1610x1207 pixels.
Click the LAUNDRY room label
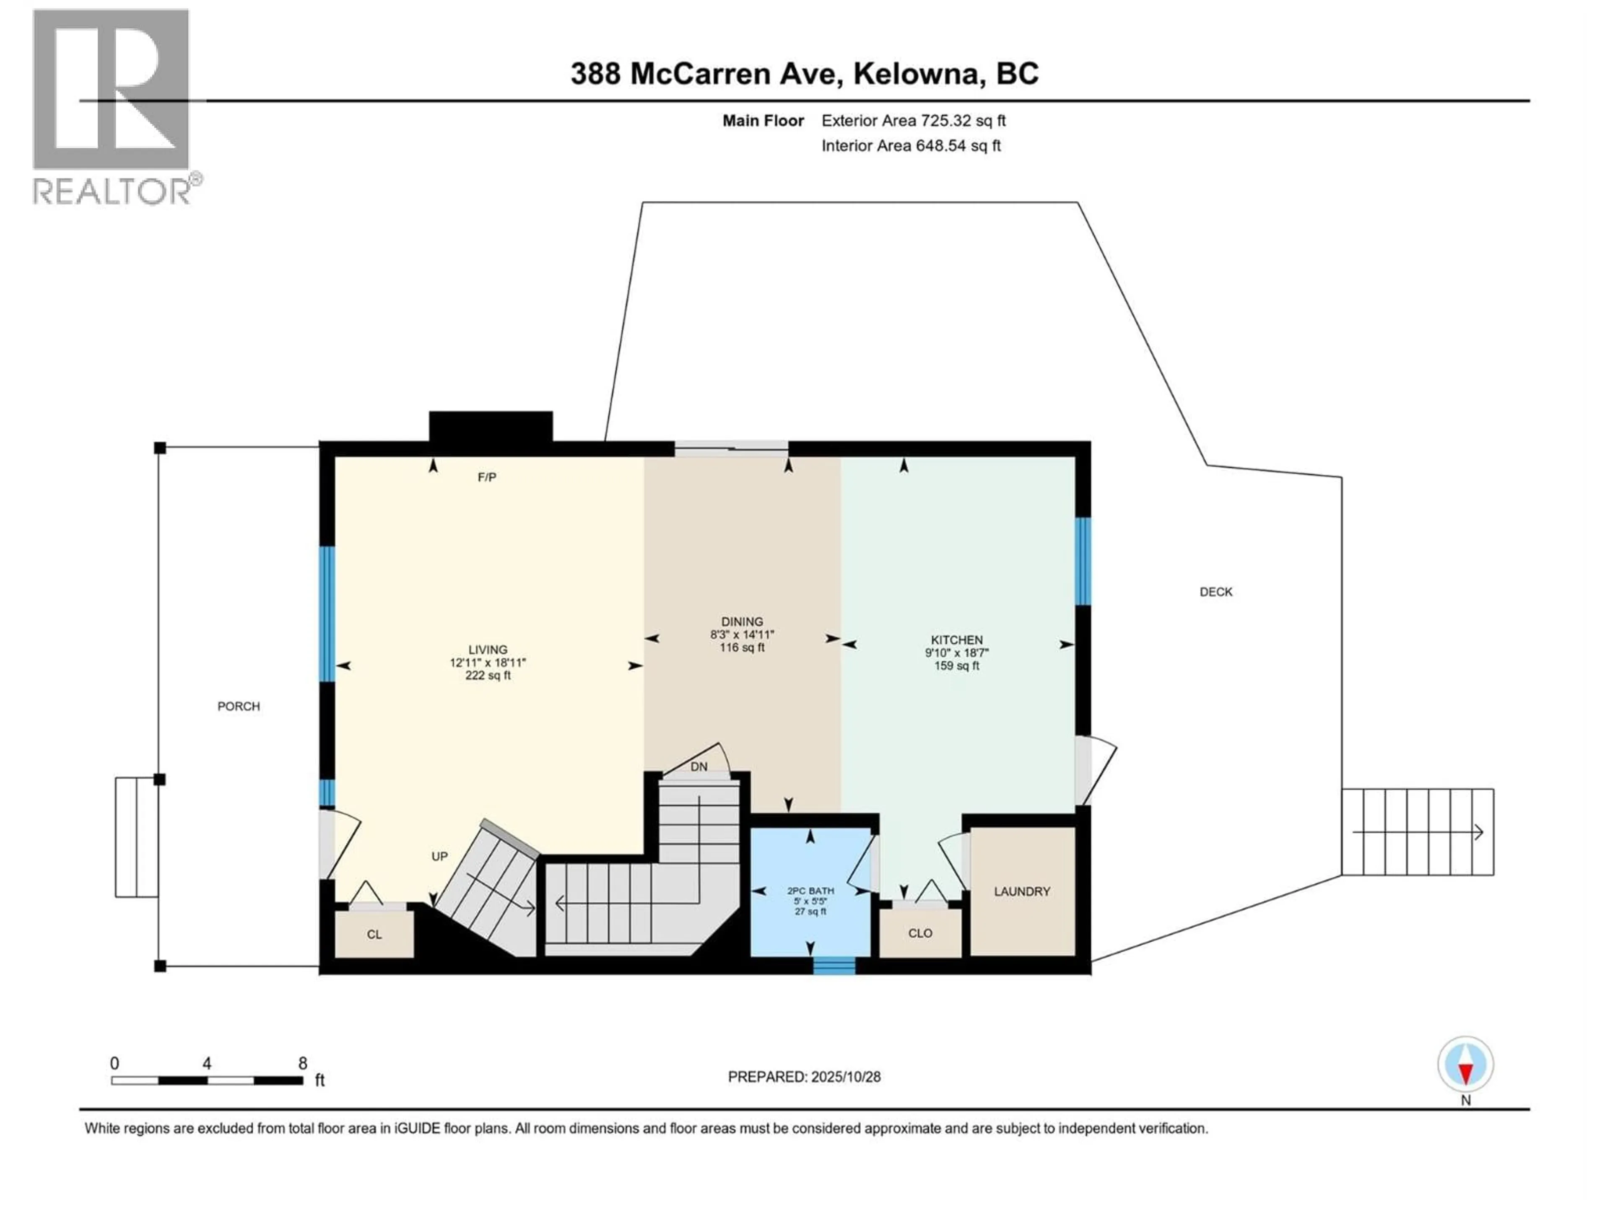(x=1021, y=891)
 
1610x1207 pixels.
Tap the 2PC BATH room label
(x=810, y=891)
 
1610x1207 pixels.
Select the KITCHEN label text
(x=956, y=640)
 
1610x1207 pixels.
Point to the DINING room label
(x=742, y=622)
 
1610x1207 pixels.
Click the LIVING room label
(x=488, y=650)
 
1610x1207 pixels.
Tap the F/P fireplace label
(x=487, y=477)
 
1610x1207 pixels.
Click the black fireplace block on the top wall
(x=491, y=426)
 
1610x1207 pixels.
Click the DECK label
(x=1215, y=591)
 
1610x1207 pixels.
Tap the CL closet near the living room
(x=374, y=934)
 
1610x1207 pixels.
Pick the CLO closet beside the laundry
(x=920, y=933)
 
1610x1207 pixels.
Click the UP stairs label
(x=439, y=856)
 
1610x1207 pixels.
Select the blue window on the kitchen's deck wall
(x=1083, y=561)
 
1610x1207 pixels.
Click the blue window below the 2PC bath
(x=834, y=966)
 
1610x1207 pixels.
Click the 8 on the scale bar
(x=303, y=1063)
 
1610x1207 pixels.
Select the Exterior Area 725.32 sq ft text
(x=914, y=121)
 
